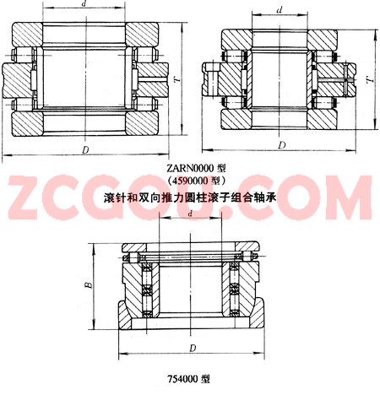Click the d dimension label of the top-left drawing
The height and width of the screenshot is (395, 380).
click(x=84, y=3)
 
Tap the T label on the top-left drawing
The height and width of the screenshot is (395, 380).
click(x=177, y=79)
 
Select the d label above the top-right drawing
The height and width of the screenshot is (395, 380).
click(x=280, y=10)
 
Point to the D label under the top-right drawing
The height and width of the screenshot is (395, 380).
click(x=282, y=145)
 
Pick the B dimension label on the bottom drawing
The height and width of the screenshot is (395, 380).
click(x=89, y=285)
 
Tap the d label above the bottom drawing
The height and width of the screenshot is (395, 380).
click(x=191, y=214)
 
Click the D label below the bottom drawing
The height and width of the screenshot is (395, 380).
click(x=193, y=349)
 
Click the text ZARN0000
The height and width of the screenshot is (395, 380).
click(x=190, y=169)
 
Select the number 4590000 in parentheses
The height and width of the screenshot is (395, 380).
click(x=190, y=181)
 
